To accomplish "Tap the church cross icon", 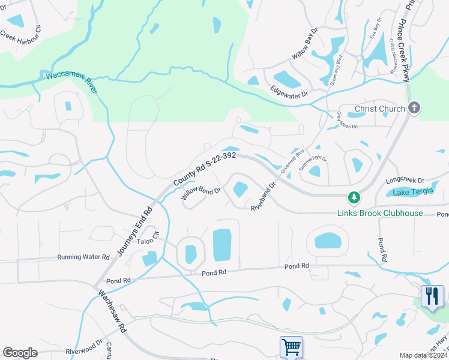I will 414,108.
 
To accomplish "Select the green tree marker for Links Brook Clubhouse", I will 354,197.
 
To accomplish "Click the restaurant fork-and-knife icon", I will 432,295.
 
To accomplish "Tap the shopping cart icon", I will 291,347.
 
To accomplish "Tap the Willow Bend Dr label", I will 201,192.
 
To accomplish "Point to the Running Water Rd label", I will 83,257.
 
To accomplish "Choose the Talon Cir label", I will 147,241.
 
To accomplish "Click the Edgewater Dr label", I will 289,94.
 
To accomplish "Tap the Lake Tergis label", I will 412,192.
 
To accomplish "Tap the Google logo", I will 20,352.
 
